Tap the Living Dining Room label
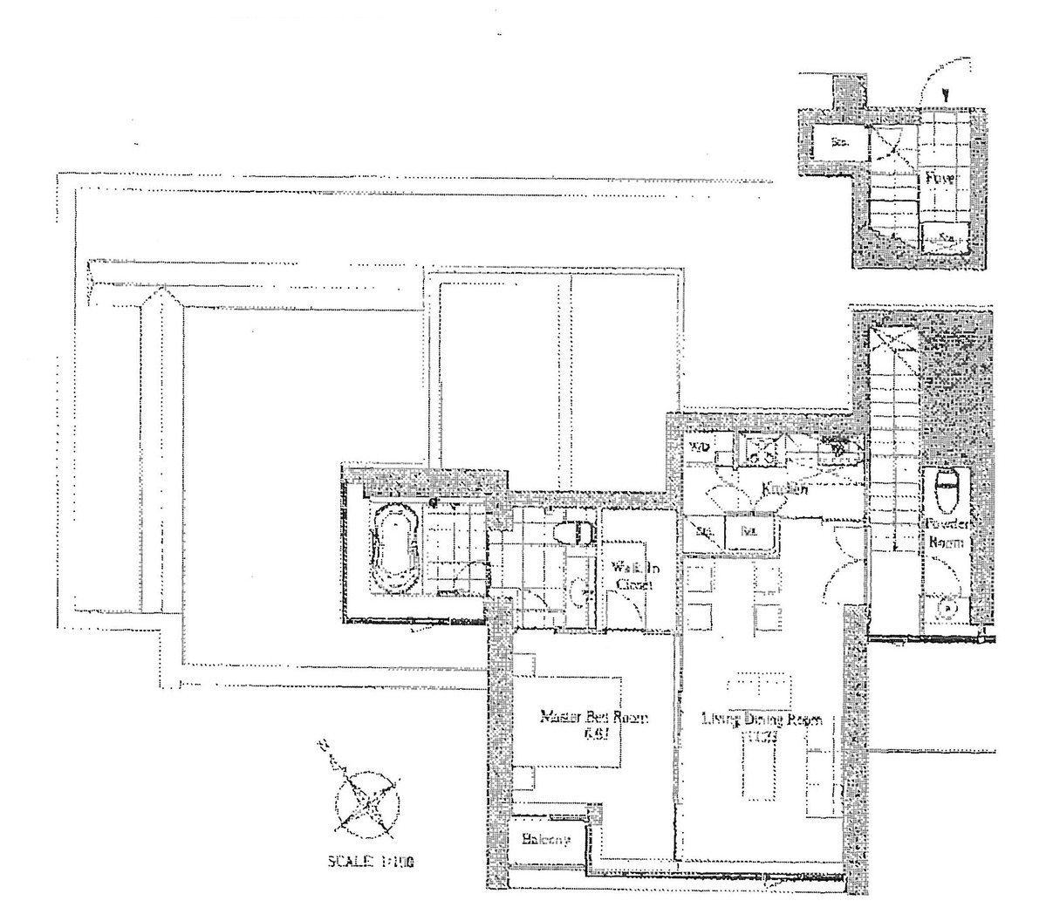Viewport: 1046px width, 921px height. tap(762, 720)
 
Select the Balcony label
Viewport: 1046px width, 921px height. tap(546, 840)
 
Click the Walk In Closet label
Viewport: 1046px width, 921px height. tap(634, 576)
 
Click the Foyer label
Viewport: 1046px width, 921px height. tap(940, 179)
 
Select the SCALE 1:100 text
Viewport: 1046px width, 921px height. tap(370, 863)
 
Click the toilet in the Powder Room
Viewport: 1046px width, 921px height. tap(946, 492)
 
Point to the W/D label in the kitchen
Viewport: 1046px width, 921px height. tap(700, 447)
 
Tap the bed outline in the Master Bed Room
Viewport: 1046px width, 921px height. tap(567, 724)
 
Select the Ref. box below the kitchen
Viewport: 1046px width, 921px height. tap(748, 529)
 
